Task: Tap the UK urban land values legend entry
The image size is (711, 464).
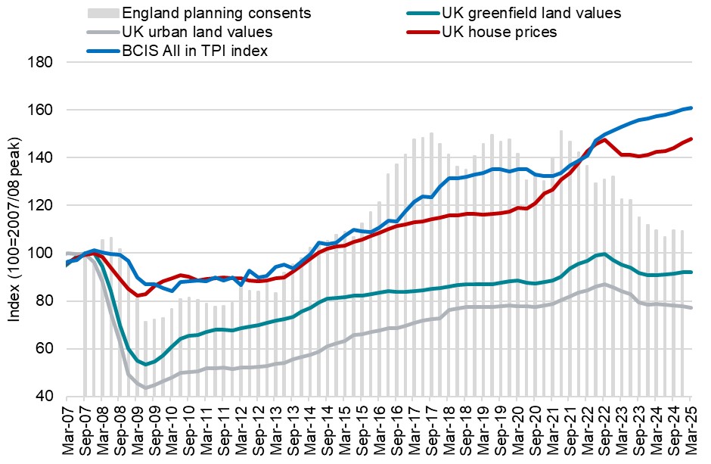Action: coord(197,32)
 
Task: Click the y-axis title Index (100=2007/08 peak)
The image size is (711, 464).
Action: coord(14,229)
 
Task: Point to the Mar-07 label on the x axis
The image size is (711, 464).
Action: coord(67,429)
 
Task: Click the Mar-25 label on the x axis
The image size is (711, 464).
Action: coord(691,429)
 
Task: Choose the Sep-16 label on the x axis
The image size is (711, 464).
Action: coord(396,429)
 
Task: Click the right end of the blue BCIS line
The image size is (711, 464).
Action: coord(691,108)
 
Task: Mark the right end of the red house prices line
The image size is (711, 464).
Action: coord(691,139)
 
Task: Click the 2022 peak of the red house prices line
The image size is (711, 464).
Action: coord(604,140)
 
